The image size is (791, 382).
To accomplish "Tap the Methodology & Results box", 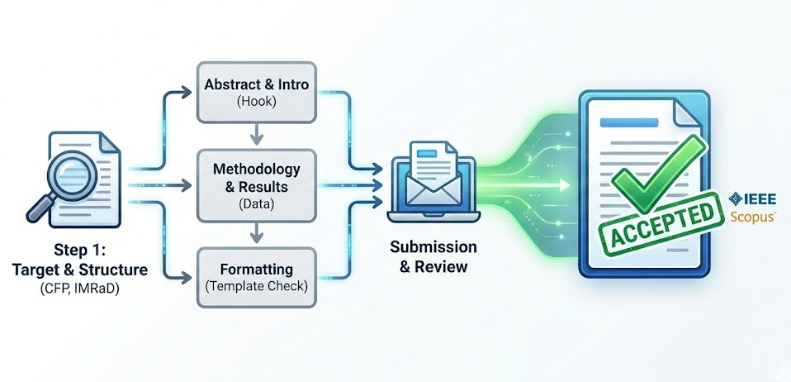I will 255,185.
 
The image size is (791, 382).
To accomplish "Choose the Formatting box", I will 255,277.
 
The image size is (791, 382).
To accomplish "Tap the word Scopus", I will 752,217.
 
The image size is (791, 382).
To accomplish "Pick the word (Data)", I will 255,203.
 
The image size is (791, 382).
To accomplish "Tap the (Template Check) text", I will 255,286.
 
